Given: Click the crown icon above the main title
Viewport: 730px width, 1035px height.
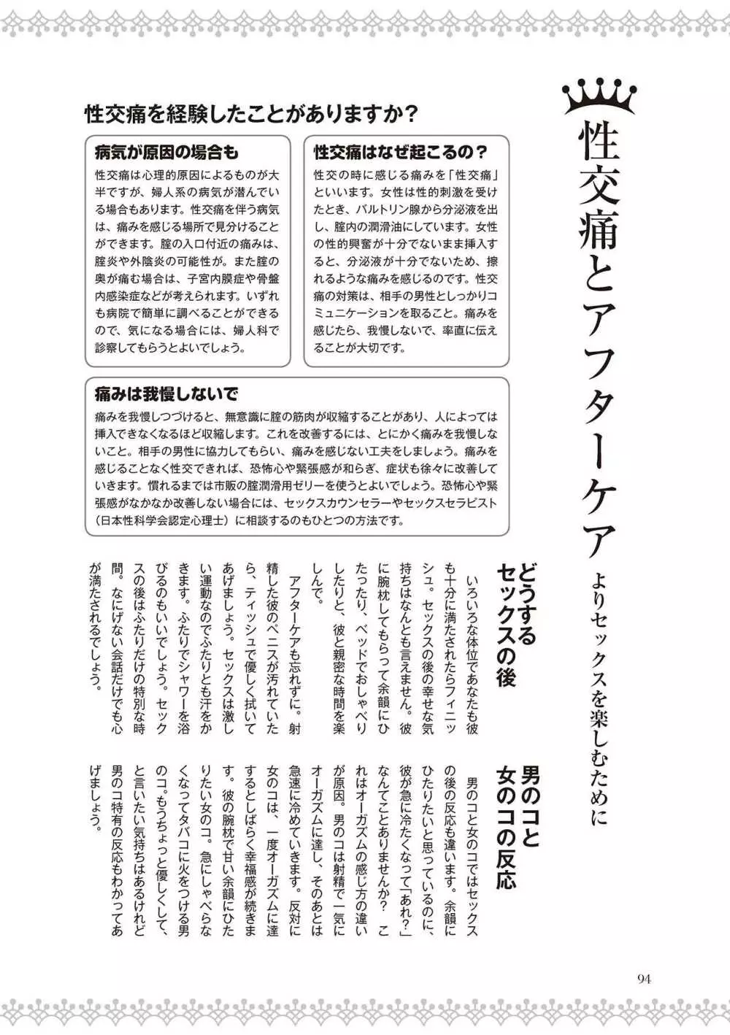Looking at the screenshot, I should point(599,97).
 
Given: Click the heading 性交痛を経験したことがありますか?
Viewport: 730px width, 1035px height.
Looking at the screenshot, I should point(251,115).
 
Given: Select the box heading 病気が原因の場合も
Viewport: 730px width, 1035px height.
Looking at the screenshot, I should point(166,152).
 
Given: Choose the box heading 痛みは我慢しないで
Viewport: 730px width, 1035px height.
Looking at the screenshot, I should point(166,394).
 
